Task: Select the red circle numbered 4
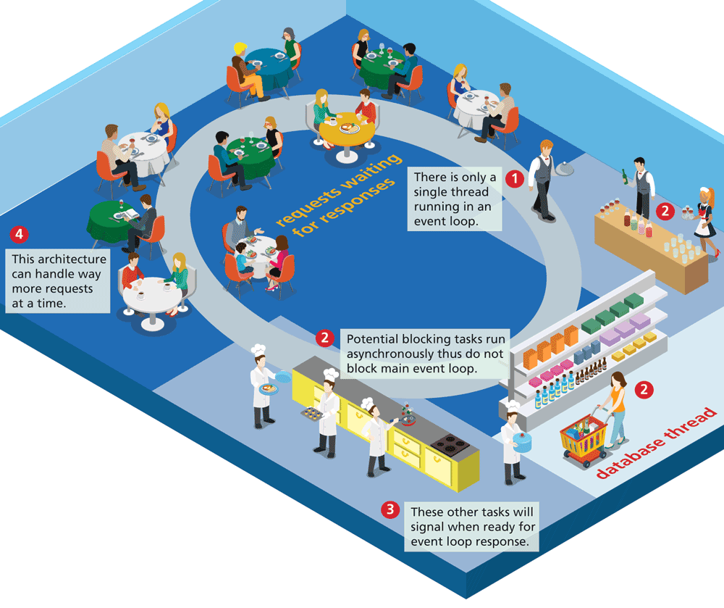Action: (x=20, y=234)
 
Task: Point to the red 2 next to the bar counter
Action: (x=664, y=211)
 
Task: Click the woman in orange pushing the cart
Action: (x=616, y=407)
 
